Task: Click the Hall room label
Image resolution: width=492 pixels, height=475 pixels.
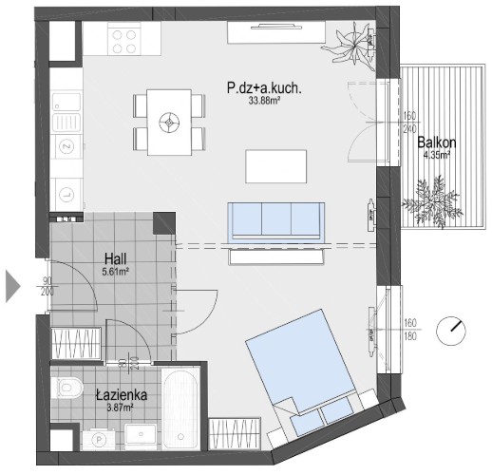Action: (x=116, y=259)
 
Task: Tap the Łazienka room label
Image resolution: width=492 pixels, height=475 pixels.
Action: (x=122, y=395)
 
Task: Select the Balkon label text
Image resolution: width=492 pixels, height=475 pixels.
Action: (x=437, y=142)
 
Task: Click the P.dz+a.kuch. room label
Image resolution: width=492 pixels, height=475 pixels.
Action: (x=264, y=87)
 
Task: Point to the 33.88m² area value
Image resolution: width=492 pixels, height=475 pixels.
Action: (x=265, y=101)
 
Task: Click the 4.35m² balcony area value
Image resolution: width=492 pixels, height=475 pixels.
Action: (x=437, y=155)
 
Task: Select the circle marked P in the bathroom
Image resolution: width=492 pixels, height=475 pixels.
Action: (x=99, y=439)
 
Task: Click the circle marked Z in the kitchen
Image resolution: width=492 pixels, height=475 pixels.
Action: (x=66, y=146)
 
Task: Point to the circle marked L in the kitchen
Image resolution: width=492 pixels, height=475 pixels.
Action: (x=66, y=195)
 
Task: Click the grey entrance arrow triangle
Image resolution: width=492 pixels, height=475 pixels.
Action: (x=13, y=286)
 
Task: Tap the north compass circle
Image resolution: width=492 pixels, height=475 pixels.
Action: (x=451, y=331)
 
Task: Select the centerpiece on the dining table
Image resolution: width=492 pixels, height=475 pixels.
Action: (x=169, y=123)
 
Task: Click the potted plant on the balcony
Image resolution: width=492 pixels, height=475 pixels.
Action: (x=432, y=201)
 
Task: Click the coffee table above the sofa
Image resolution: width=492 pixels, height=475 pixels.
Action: (x=276, y=166)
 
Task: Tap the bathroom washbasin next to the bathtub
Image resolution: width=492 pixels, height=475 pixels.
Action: (x=141, y=436)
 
